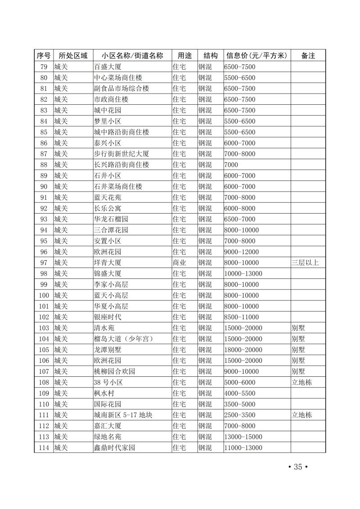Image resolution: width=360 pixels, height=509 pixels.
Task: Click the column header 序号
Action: [x=44, y=56]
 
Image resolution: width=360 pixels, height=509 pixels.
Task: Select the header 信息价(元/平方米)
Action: [x=256, y=56]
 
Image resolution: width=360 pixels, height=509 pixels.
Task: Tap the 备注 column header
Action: [x=308, y=56]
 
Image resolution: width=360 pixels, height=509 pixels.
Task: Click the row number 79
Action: [x=44, y=67]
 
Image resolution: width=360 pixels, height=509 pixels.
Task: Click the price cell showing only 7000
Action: [x=231, y=165]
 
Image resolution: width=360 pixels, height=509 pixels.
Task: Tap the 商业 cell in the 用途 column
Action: [x=180, y=263]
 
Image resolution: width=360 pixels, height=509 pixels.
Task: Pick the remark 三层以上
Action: [x=305, y=263]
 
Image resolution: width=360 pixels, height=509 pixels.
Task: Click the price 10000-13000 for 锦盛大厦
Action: [x=243, y=273]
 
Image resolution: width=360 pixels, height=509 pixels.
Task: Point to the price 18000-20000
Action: [x=243, y=350]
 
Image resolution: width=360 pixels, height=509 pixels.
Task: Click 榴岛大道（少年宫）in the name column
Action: [x=124, y=339]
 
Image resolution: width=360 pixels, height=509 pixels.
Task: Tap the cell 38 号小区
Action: [x=108, y=383]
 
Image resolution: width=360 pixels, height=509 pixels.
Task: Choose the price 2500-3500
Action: [x=240, y=415]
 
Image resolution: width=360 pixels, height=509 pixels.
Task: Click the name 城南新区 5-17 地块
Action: [x=123, y=415]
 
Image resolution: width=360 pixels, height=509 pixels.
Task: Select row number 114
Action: [x=44, y=448]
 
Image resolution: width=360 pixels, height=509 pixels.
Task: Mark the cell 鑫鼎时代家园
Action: [x=114, y=448]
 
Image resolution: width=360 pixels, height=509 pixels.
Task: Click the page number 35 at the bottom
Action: [x=297, y=467]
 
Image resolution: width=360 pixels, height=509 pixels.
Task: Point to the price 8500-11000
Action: [x=242, y=317]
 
